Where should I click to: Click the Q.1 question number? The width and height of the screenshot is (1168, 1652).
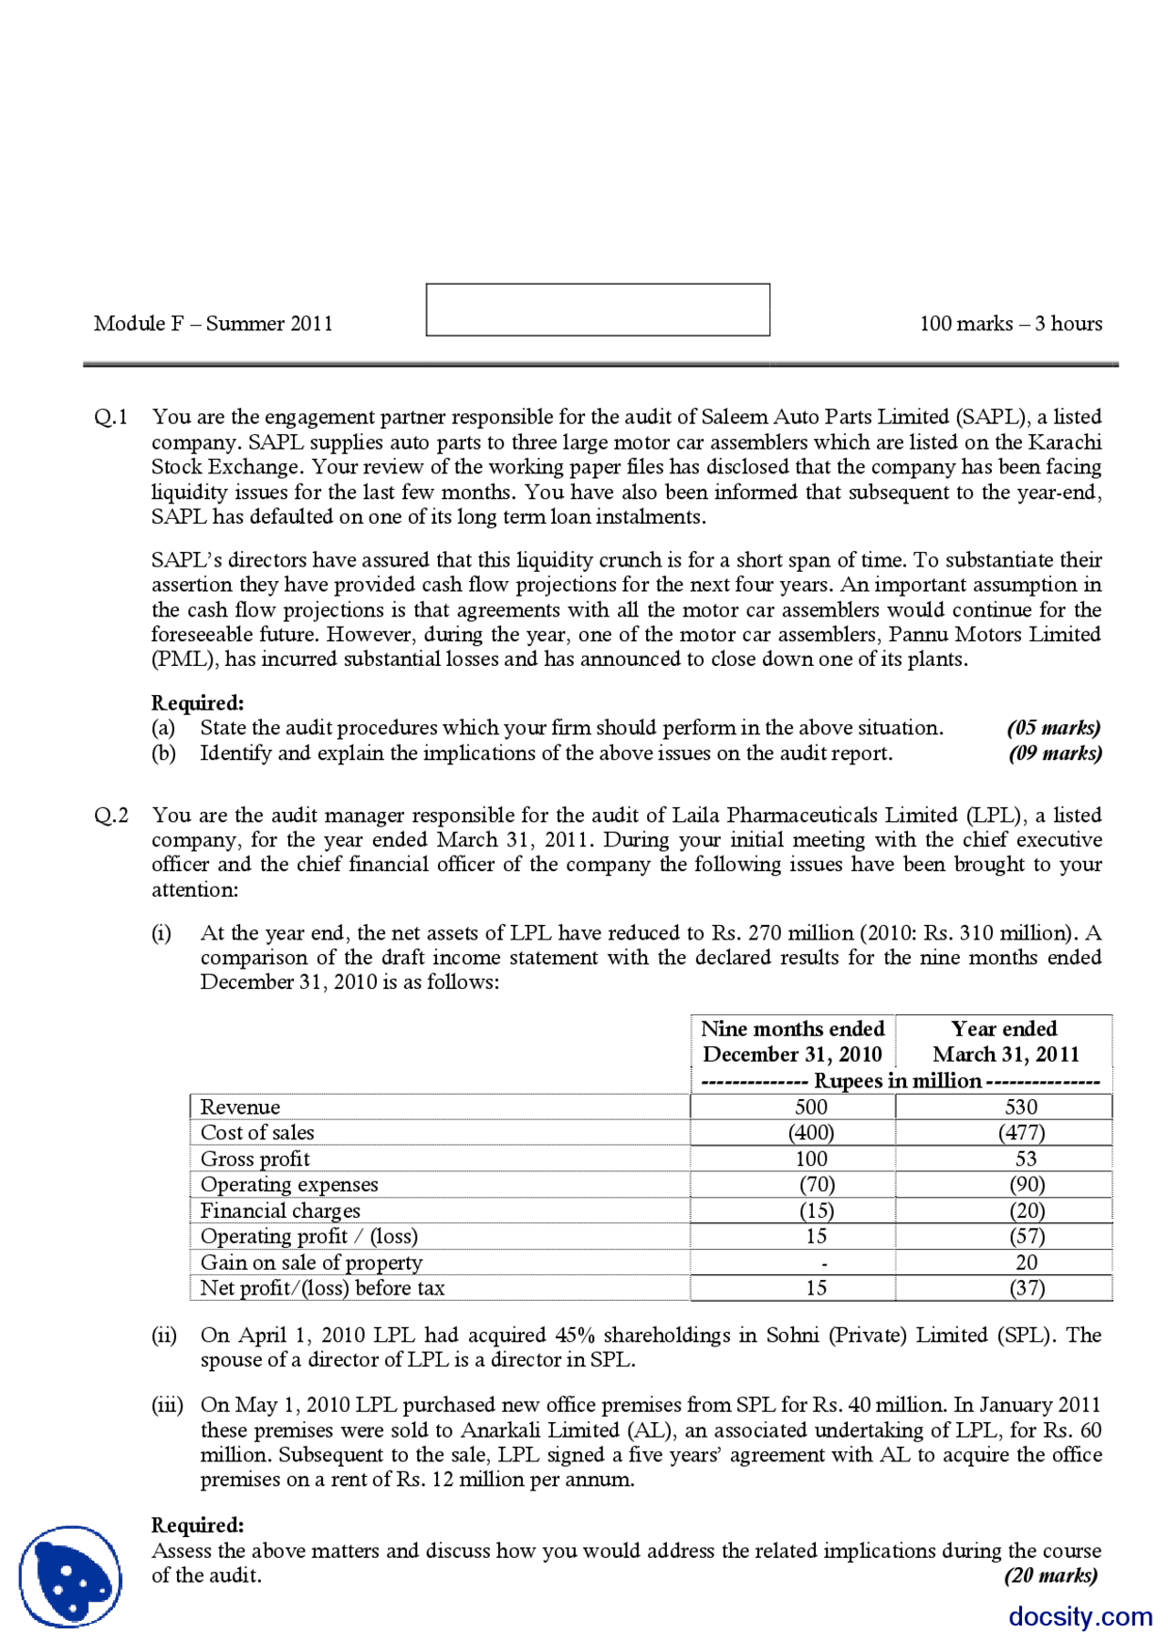pyautogui.click(x=110, y=417)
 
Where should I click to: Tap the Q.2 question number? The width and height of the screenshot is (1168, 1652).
pyautogui.click(x=110, y=815)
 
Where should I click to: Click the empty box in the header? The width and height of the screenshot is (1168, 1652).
pyautogui.click(x=598, y=310)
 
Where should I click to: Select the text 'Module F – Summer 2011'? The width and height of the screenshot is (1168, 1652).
pyautogui.click(x=213, y=324)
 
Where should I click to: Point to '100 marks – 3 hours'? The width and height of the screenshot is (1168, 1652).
pyautogui.click(x=1010, y=324)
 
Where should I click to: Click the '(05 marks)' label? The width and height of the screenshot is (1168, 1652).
pyautogui.click(x=1054, y=728)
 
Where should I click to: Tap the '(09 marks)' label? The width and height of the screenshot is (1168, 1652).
pyautogui.click(x=1055, y=753)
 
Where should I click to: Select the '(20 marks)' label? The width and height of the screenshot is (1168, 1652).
pyautogui.click(x=1050, y=1575)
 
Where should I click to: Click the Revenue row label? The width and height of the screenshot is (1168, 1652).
pyautogui.click(x=241, y=1107)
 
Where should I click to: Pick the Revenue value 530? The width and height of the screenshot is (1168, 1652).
pyautogui.click(x=1021, y=1107)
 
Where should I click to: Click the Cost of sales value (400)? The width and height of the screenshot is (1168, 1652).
pyautogui.click(x=811, y=1133)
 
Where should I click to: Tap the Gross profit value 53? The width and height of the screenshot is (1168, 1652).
pyautogui.click(x=1026, y=1159)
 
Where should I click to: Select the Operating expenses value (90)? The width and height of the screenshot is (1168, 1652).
pyautogui.click(x=1027, y=1185)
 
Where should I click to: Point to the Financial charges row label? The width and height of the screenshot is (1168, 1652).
pyautogui.click(x=280, y=1211)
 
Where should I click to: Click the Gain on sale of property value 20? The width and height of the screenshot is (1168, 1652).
pyautogui.click(x=1027, y=1262)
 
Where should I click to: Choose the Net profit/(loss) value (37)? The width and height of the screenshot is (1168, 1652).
pyautogui.click(x=1027, y=1288)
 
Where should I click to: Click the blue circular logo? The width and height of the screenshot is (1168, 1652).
pyautogui.click(x=70, y=1576)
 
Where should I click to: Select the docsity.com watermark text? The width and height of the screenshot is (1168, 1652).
pyautogui.click(x=1080, y=1616)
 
